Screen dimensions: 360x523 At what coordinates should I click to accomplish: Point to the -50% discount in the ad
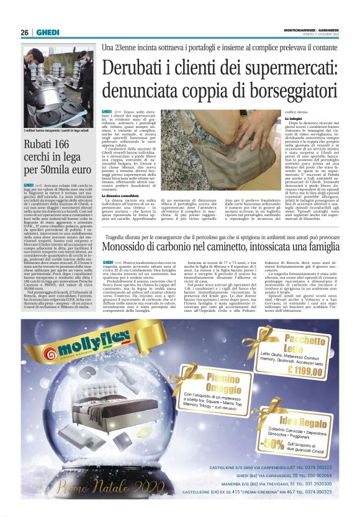[256, 443]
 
